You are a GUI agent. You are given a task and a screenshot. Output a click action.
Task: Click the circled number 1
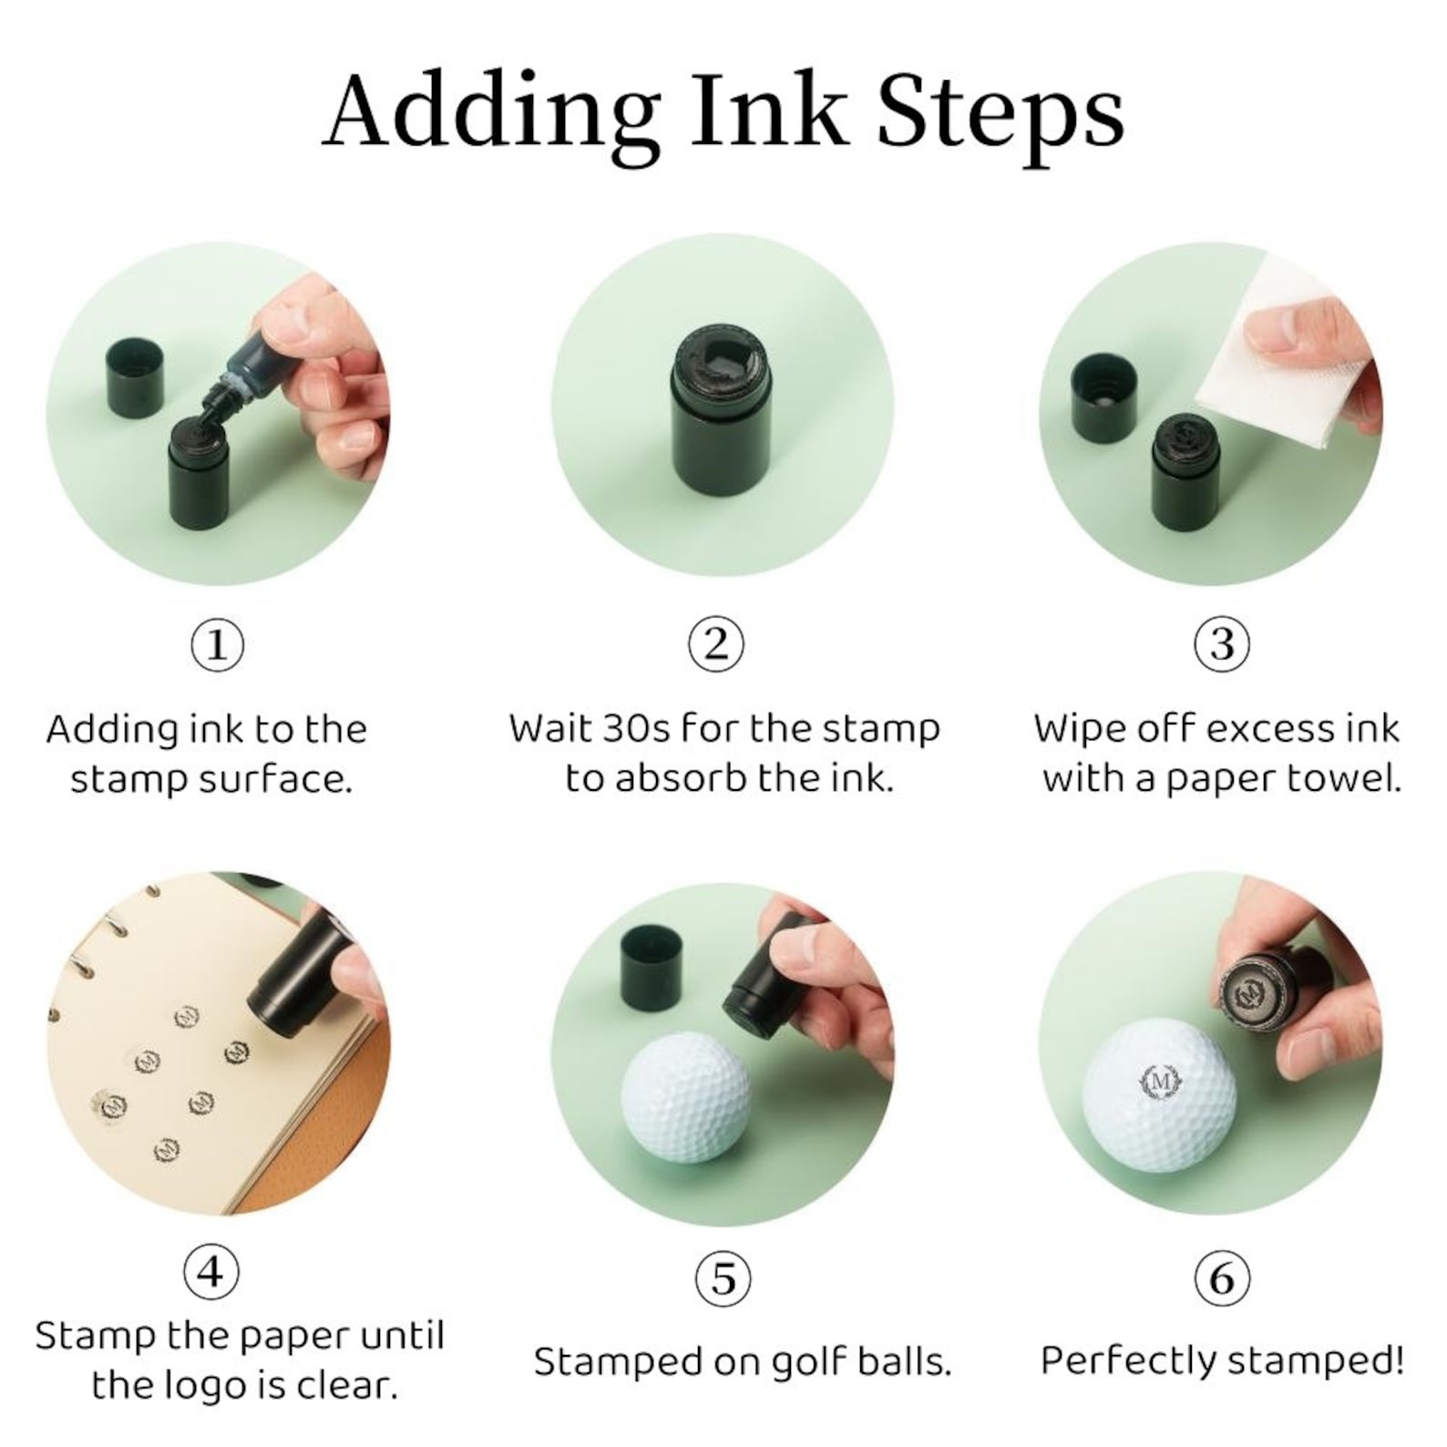[217, 645]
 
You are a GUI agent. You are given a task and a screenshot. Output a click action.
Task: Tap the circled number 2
[716, 644]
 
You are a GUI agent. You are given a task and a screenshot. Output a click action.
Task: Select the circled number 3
[1222, 644]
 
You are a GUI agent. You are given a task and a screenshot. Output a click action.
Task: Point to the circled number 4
[211, 1270]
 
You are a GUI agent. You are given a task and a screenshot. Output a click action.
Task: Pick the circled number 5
[723, 1278]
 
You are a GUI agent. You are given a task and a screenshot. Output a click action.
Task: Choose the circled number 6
[1222, 1278]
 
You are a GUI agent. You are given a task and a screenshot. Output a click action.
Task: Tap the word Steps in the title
[1001, 118]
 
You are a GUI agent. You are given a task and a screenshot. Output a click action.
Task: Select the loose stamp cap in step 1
[136, 376]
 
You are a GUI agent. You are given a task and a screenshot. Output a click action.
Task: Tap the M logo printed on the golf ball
[1161, 1082]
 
